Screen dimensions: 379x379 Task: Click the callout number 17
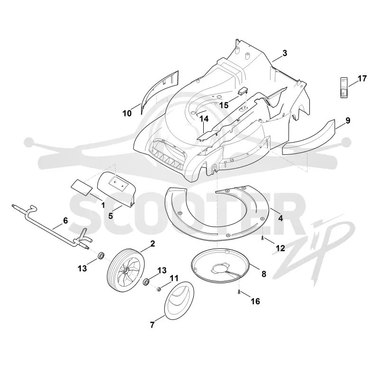(x=362, y=79)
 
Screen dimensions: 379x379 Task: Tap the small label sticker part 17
(x=344, y=88)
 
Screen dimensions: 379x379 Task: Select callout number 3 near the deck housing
(x=285, y=53)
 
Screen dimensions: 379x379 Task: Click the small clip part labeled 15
(x=243, y=91)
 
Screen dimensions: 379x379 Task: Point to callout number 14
(x=204, y=119)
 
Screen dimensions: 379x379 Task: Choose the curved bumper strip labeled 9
(x=309, y=137)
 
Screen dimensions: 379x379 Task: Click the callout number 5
(x=111, y=216)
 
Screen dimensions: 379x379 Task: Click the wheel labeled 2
(x=126, y=270)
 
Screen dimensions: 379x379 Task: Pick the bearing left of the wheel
(x=100, y=255)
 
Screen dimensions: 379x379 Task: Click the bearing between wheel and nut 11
(x=146, y=282)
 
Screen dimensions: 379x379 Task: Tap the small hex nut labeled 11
(x=159, y=289)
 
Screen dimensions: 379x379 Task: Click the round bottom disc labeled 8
(x=220, y=266)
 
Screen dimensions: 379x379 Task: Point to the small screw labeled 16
(x=239, y=292)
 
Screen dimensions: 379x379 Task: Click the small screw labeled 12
(x=262, y=238)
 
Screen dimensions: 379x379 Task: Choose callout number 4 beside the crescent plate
(x=280, y=218)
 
